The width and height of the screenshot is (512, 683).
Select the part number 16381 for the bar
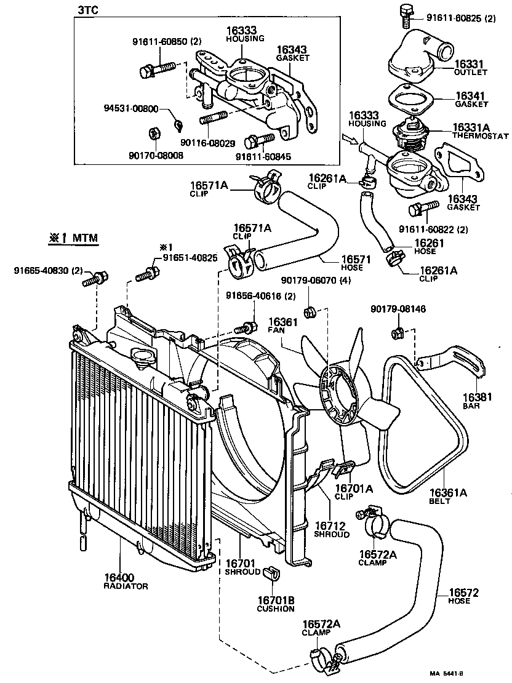[x=477, y=397]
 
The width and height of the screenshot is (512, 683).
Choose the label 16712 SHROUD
[x=332, y=529]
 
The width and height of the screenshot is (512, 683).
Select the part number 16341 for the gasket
[x=470, y=96]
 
